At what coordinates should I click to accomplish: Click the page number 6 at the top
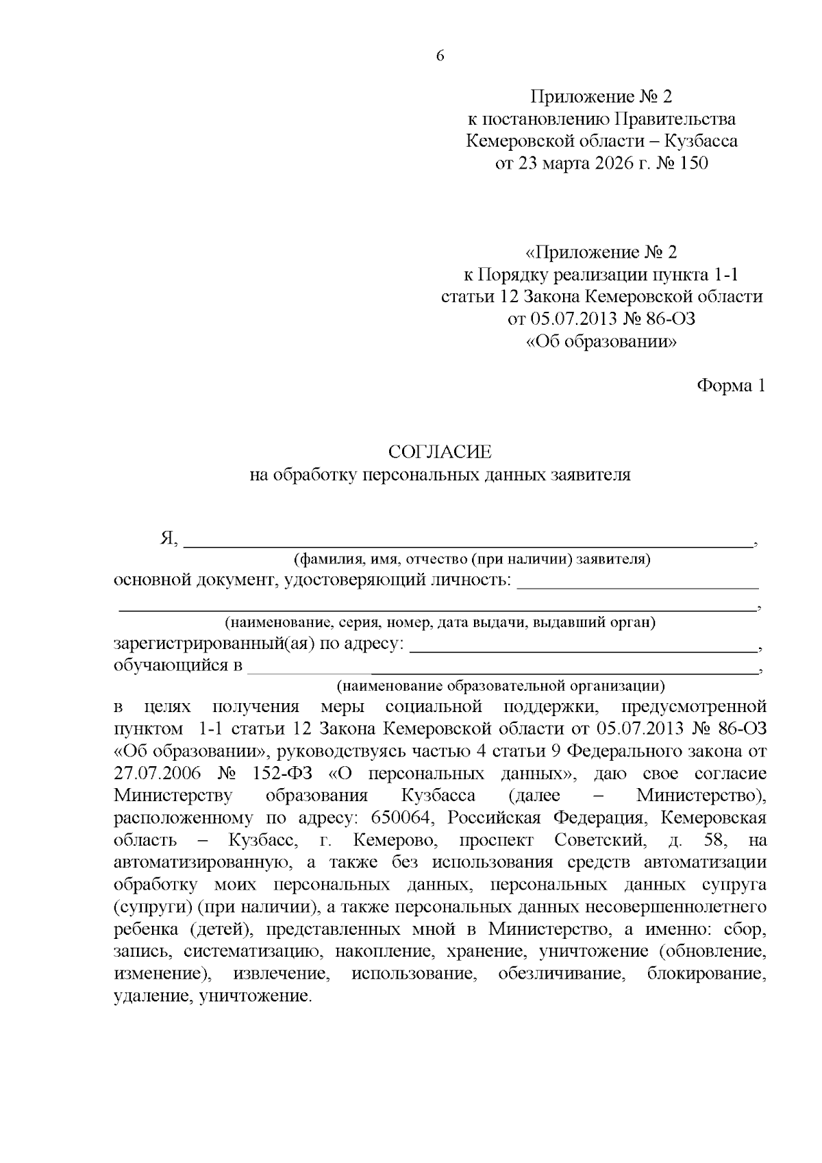(440, 57)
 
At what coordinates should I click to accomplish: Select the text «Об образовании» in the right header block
(601, 341)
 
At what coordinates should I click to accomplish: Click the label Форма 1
(730, 386)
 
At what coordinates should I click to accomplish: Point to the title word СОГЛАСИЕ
(440, 452)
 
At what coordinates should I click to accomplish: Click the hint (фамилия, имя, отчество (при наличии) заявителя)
(472, 559)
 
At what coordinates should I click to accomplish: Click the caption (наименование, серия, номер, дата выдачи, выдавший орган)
(440, 623)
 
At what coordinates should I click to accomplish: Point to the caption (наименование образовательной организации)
(500, 685)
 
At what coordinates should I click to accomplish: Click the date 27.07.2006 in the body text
(157, 774)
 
